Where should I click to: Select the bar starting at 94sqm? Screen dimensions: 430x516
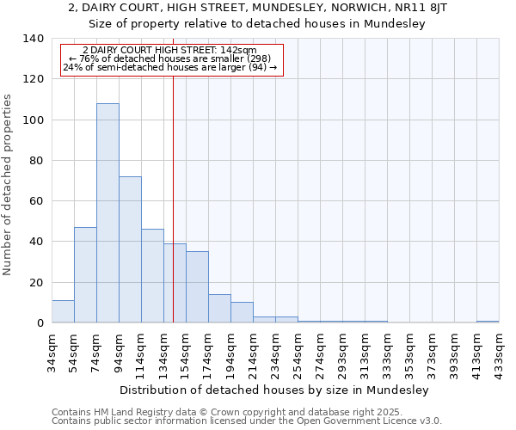point(130,249)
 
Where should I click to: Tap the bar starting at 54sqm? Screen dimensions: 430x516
point(85,275)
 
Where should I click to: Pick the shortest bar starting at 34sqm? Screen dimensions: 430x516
point(63,312)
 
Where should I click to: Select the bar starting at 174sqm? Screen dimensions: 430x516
point(219,309)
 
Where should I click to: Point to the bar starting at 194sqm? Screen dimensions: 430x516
point(242,313)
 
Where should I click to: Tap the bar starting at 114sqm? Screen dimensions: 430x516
point(152,276)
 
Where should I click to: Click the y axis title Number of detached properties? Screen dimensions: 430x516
point(9,185)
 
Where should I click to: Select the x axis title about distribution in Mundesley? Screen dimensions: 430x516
point(273,390)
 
